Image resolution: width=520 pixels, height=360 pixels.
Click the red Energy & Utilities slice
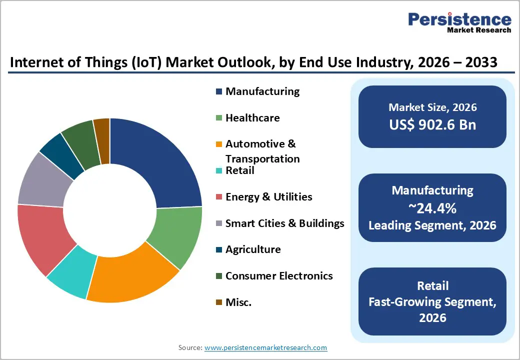(x=42, y=235)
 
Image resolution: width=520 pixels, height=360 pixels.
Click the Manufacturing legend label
(x=262, y=91)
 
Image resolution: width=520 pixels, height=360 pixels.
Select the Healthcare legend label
(x=252, y=118)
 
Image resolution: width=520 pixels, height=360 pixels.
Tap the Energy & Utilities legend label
(x=268, y=197)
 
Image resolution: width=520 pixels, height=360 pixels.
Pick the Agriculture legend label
(x=253, y=249)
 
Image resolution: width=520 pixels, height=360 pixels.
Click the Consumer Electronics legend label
(x=279, y=276)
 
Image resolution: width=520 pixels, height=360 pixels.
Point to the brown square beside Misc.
(x=219, y=302)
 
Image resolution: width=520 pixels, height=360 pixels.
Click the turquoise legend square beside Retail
(x=219, y=171)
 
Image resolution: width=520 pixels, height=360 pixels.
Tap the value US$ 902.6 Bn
(x=432, y=124)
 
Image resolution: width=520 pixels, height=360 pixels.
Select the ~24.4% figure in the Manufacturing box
(x=432, y=207)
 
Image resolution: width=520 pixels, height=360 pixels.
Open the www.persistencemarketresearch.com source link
(x=266, y=347)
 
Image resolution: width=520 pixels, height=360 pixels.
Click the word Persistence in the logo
(x=459, y=19)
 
